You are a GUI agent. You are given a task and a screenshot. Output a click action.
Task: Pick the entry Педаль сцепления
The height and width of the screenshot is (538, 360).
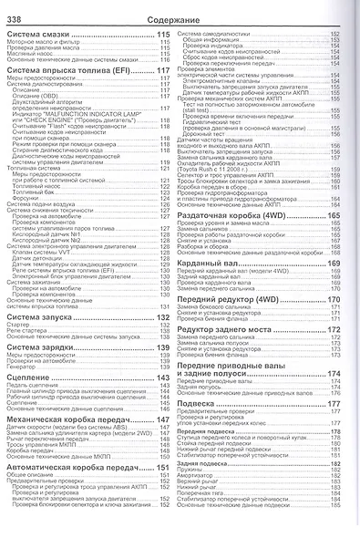pos(36,387)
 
